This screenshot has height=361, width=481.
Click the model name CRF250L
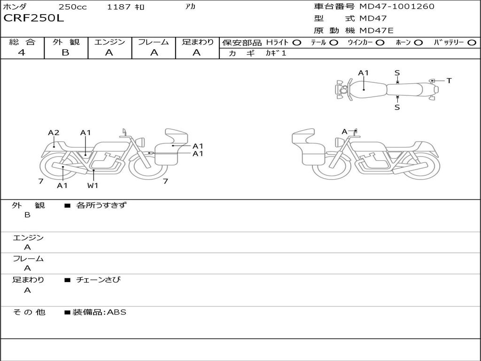click(33, 18)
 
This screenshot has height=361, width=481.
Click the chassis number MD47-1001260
click(397, 7)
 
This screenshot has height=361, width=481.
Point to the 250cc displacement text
click(72, 7)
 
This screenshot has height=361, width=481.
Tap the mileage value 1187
click(118, 7)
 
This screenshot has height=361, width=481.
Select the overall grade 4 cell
click(22, 53)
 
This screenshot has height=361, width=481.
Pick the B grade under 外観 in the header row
click(66, 53)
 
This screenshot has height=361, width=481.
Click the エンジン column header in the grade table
click(109, 42)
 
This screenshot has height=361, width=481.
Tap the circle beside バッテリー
click(472, 42)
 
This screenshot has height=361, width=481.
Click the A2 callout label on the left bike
click(54, 133)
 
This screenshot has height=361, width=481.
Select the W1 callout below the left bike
click(93, 185)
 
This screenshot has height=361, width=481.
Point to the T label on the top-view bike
click(449, 81)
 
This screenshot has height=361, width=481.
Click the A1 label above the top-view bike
click(363, 73)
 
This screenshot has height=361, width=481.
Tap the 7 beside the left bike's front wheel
click(165, 181)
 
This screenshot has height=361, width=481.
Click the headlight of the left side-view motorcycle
click(139, 141)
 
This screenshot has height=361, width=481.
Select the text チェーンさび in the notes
click(99, 280)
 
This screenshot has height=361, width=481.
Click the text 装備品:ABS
click(99, 312)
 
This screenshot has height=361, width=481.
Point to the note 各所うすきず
click(101, 205)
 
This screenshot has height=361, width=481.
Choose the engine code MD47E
click(376, 31)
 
